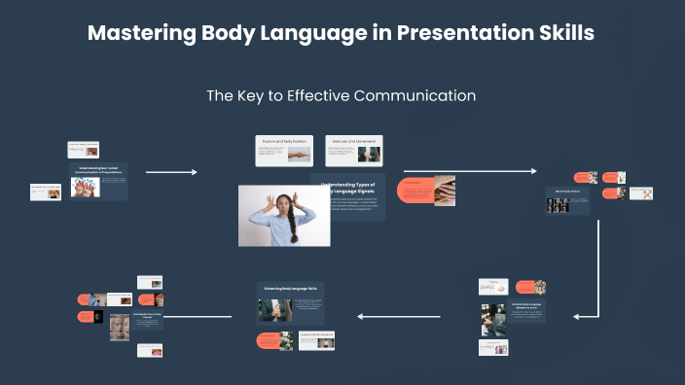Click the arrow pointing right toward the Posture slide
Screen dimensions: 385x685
pos(171,172)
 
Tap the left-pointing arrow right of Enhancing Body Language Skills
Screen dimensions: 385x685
pos(399,316)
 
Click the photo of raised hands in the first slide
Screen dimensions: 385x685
pos(86,187)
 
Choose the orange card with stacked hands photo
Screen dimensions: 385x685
pos(428,191)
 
